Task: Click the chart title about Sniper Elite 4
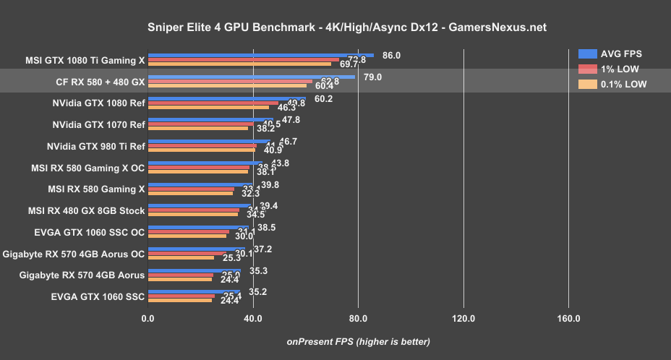point(335,27)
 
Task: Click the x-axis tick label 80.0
point(358,318)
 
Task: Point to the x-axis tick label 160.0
point(568,318)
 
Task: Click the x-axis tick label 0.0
point(148,318)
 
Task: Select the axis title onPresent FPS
point(359,341)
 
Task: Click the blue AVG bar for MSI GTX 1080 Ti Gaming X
point(260,55)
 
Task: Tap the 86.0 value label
point(391,55)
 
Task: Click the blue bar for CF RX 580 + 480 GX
point(251,77)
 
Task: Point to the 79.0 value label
point(372,77)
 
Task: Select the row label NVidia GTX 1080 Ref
point(98,103)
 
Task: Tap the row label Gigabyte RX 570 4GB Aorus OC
point(74,254)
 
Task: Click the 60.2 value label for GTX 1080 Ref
point(323,98)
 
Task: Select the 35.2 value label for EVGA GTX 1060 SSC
point(258,292)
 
